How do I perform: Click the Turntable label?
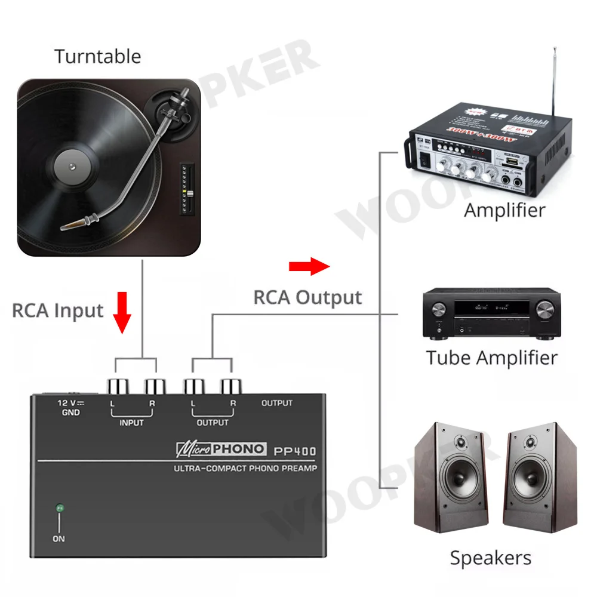(x=98, y=57)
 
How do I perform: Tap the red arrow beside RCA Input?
(x=123, y=312)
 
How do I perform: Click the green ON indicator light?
(x=59, y=509)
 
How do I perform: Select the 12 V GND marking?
(x=70, y=408)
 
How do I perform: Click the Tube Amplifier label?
(x=491, y=358)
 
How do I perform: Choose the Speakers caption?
(x=490, y=558)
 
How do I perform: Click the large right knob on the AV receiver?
(x=544, y=309)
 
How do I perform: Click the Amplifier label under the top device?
(x=504, y=210)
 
